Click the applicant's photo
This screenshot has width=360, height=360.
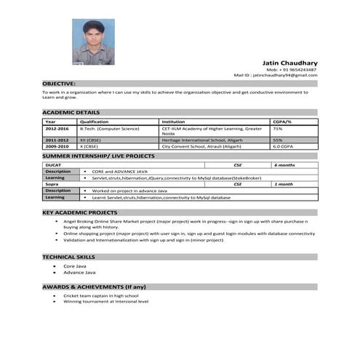(x=93, y=41)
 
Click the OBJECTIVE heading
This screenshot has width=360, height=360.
(x=58, y=84)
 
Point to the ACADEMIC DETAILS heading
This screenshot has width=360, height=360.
(x=71, y=112)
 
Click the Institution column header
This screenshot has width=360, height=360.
(x=173, y=121)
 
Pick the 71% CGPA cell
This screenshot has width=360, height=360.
(x=278, y=128)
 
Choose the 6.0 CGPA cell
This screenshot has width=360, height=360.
(x=281, y=146)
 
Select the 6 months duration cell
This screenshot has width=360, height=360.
(x=284, y=165)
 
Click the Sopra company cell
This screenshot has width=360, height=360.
(x=52, y=184)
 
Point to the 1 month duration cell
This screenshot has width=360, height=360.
(x=283, y=184)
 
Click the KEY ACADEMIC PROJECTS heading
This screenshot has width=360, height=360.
(x=80, y=212)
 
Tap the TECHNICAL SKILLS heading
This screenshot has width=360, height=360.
(x=70, y=257)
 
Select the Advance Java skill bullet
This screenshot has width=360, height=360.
(x=79, y=272)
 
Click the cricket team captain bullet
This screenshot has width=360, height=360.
(x=100, y=296)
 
